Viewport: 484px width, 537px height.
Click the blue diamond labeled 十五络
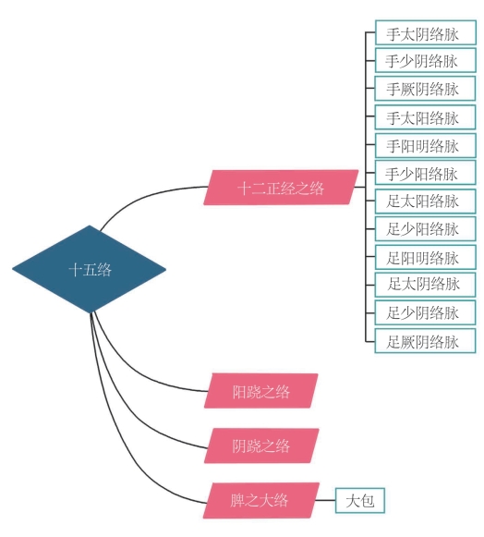(x=90, y=269)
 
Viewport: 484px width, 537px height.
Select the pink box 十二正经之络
(x=281, y=188)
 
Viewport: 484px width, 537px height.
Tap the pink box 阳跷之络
(x=261, y=391)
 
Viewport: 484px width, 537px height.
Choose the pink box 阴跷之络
(x=261, y=445)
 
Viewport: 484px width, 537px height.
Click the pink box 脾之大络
(x=261, y=500)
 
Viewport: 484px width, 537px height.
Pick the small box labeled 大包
(x=360, y=500)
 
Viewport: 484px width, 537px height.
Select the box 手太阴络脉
(x=426, y=32)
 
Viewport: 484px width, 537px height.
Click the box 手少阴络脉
(x=426, y=60)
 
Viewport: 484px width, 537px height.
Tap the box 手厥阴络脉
(x=425, y=89)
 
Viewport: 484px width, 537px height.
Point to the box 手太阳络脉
(x=425, y=117)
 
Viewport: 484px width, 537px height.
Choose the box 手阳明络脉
(x=426, y=145)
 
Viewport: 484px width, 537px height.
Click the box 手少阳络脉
(x=426, y=173)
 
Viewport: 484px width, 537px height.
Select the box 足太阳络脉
(x=426, y=201)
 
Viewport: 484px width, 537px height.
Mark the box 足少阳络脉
(x=426, y=228)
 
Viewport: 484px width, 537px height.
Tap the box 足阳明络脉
(x=426, y=257)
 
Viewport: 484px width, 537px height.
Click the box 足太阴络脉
(x=425, y=285)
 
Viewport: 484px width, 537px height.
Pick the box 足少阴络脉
(x=425, y=312)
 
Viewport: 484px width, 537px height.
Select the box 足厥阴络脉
(x=425, y=341)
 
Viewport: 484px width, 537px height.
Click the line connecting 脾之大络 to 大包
(x=325, y=500)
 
